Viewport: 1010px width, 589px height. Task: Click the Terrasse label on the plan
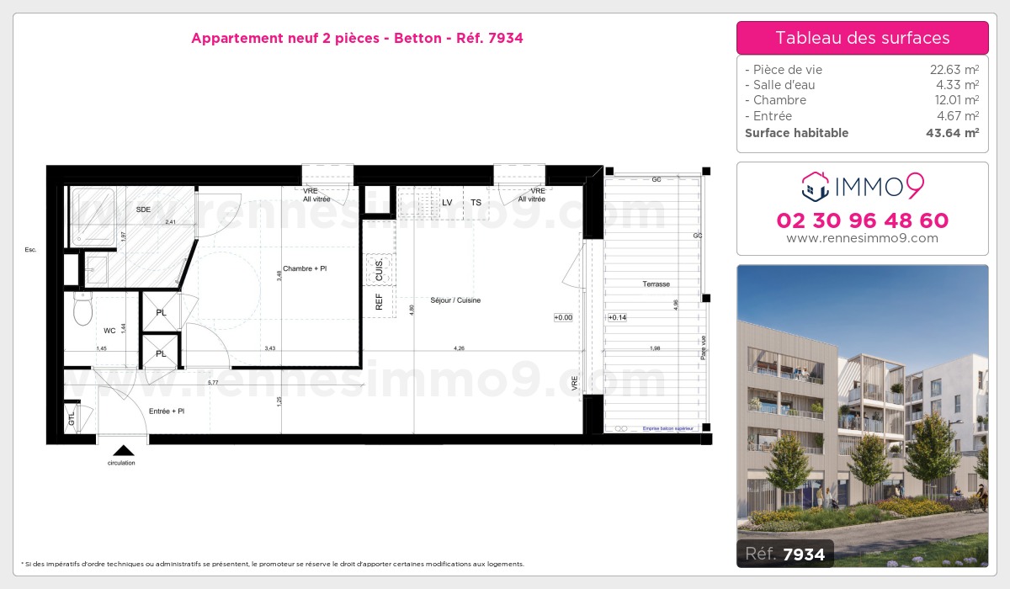(656, 284)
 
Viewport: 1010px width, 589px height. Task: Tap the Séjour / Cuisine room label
(454, 300)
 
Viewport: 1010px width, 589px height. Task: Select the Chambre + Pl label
(305, 268)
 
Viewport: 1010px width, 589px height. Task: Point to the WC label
(109, 331)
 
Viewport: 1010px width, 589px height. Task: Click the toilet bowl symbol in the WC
(82, 310)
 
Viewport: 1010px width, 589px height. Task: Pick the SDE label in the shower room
(143, 209)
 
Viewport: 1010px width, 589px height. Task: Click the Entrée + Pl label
(166, 411)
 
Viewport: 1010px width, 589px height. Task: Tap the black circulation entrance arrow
(123, 450)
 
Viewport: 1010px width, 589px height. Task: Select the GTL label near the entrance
(71, 417)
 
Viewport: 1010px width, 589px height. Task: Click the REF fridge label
(379, 301)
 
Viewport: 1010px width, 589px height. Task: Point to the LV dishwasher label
(447, 202)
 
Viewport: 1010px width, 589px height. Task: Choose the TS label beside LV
(476, 202)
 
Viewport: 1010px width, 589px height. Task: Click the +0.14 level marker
(617, 317)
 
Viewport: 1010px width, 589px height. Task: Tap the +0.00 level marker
(563, 317)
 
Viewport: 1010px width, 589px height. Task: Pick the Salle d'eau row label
(780, 85)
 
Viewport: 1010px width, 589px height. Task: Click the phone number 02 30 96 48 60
(862, 220)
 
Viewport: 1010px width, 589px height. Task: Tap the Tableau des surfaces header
(862, 38)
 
